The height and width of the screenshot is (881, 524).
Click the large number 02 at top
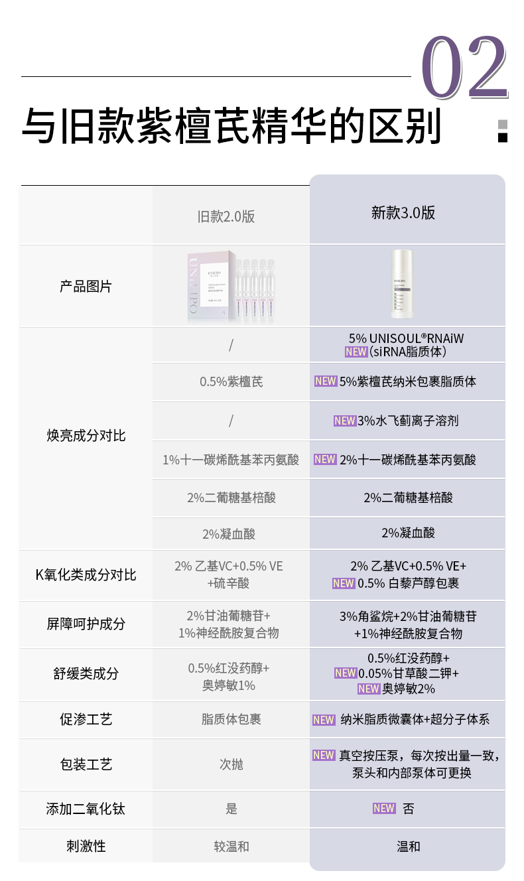pos(464,68)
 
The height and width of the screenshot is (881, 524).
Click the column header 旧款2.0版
pos(226,216)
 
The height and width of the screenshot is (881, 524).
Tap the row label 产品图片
pos(86,287)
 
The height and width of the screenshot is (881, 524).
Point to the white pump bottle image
pos(403,285)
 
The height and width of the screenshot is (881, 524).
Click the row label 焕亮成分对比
pos(86,436)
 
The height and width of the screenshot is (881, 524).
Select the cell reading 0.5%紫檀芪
pos(231,382)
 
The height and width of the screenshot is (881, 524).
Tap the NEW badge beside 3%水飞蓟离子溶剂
pos(345,421)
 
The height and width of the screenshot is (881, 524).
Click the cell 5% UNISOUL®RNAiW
pos(407,338)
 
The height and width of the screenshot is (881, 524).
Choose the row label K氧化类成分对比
pos(86,575)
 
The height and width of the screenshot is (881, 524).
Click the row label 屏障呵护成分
pos(86,624)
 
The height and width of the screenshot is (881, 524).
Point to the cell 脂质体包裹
pos(231,720)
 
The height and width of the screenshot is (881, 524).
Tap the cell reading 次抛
pos(231,764)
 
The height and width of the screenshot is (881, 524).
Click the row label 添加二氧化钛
pos(86,809)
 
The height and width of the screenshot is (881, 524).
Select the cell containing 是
pos(231,809)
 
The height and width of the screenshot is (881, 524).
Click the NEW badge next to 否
pos(384,808)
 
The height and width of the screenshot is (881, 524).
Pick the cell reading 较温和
pos(231,847)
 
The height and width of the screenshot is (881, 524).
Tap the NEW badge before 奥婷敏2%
pos(368,689)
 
